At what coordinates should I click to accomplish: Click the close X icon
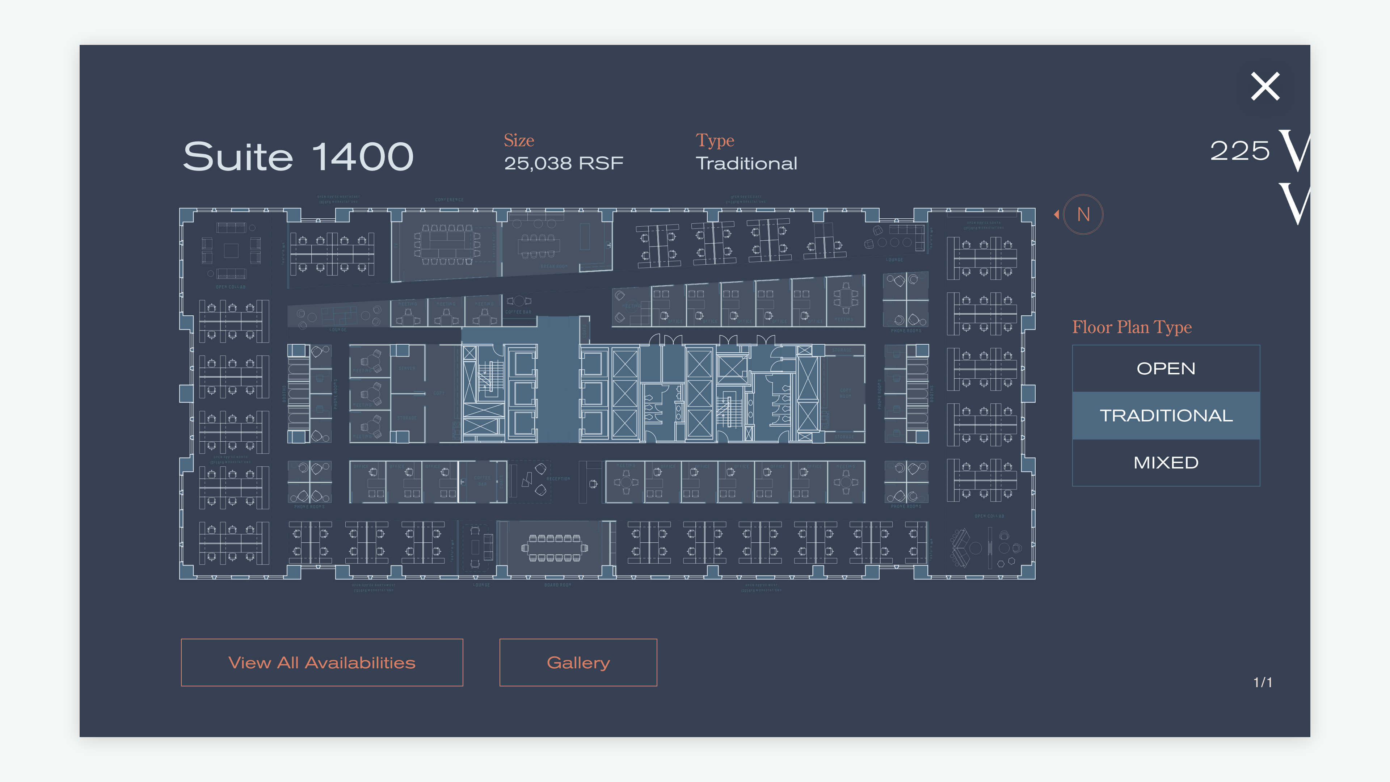tap(1265, 87)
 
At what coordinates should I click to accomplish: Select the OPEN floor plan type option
tap(1166, 369)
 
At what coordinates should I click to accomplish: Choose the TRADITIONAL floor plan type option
tap(1166, 416)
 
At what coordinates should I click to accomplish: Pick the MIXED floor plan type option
tap(1166, 463)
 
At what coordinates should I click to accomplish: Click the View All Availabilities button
tap(321, 662)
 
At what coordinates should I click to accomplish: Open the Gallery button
tap(578, 662)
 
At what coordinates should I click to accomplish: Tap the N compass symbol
tap(1083, 214)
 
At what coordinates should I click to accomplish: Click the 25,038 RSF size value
tap(563, 163)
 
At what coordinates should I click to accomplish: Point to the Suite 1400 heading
tap(298, 156)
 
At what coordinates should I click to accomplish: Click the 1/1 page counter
tap(1262, 683)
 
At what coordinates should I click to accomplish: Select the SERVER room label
tap(407, 369)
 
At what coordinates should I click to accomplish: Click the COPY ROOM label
tap(845, 393)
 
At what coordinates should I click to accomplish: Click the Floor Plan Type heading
tap(1132, 327)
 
